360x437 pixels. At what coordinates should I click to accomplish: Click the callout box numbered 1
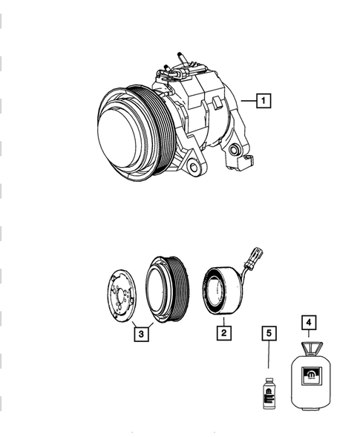(264, 99)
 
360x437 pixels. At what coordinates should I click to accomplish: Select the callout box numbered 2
(220, 333)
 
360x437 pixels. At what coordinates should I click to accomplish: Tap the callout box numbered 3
(142, 333)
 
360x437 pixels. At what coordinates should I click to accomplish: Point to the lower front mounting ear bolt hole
(194, 167)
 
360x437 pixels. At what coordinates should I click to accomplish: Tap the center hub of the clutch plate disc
(120, 298)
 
